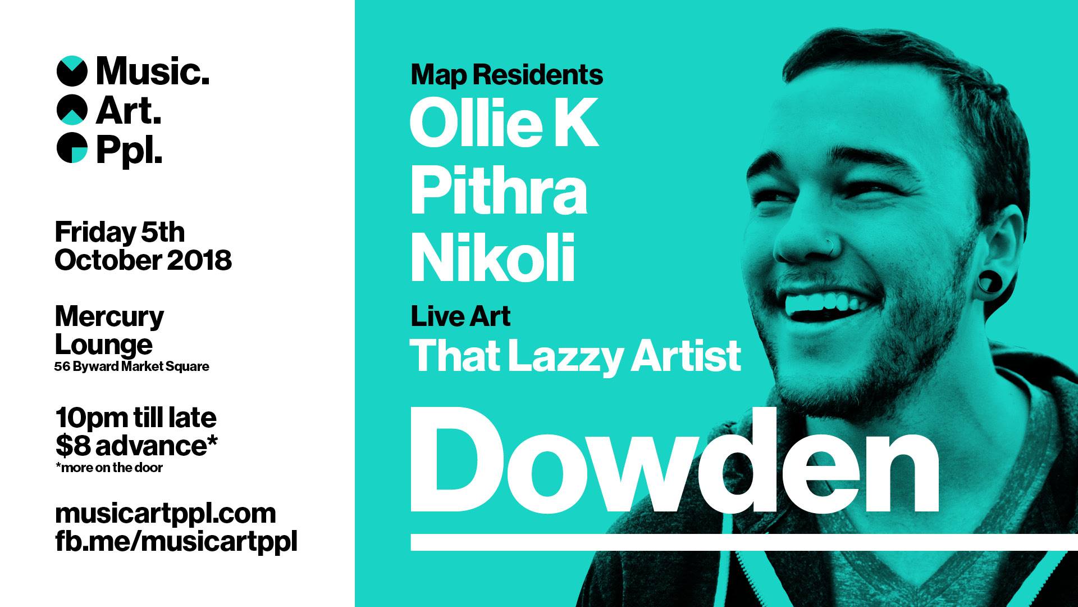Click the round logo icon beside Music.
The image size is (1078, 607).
72,71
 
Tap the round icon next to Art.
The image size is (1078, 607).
72,110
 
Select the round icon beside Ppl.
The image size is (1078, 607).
72,148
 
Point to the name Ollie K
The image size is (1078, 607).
504,124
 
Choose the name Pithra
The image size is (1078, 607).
499,190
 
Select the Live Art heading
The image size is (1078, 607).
460,316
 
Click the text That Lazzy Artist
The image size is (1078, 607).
575,356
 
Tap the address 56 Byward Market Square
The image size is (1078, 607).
132,366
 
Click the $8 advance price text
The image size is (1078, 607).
136,446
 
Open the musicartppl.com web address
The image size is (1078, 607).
166,514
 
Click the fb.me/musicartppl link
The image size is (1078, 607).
176,541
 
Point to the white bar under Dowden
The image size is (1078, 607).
744,542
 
